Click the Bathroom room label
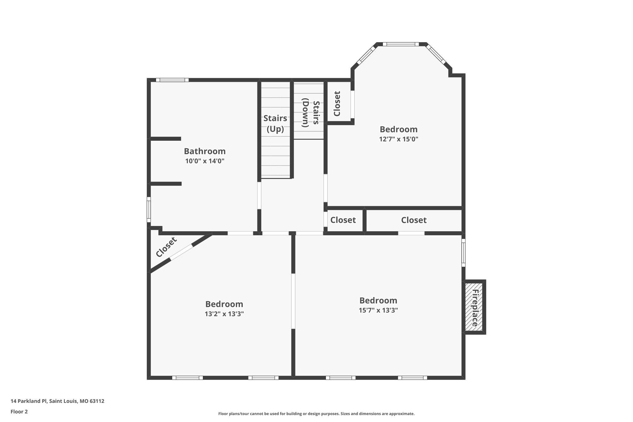[205, 151]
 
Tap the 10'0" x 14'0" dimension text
[205, 161]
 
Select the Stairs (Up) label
[275, 123]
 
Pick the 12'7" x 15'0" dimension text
[398, 139]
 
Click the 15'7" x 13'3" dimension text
[378, 310]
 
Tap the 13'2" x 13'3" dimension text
[224, 314]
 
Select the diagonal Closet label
[166, 247]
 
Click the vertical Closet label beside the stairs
[337, 104]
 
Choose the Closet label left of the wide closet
[343, 220]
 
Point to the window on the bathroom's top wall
[172, 80]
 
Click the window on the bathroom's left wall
[149, 210]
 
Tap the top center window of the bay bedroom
[401, 44]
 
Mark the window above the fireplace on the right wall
[463, 253]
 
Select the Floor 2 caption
[19, 411]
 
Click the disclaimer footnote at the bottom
[316, 414]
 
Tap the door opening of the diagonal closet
[181, 252]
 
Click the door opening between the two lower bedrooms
[293, 301]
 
